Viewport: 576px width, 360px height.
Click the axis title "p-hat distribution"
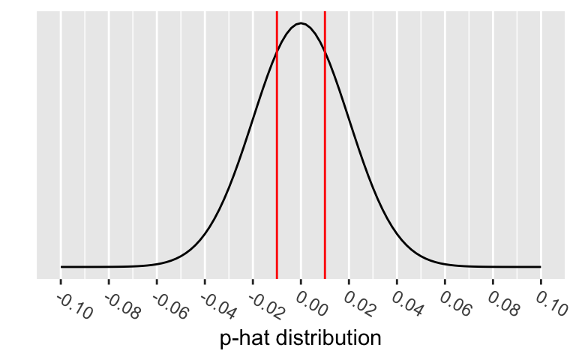click(301, 338)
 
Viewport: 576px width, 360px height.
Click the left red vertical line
click(277, 150)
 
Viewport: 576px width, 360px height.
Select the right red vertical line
click(325, 150)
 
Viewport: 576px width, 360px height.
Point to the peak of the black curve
click(301, 23)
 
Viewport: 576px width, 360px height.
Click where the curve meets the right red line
click(325, 52)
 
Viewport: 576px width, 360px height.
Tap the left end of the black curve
click(61, 266)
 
